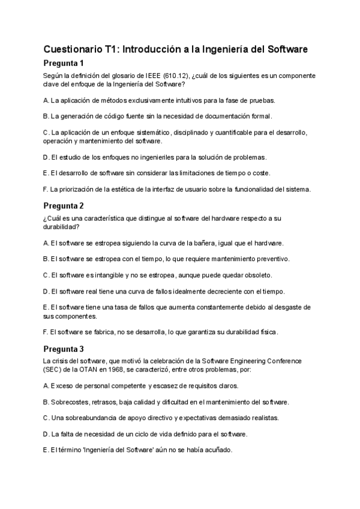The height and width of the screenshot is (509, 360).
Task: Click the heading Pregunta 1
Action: tap(65, 63)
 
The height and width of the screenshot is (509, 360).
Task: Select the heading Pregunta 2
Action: tap(65, 206)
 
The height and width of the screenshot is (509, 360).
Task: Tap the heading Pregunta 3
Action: tap(65, 349)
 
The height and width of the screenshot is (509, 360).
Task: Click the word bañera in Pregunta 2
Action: tap(197, 243)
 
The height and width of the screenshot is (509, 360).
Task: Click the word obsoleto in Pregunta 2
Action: tap(256, 275)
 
